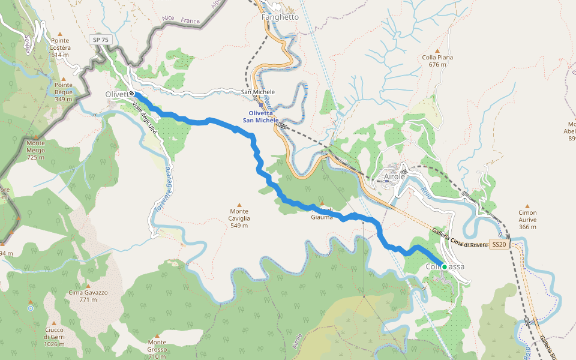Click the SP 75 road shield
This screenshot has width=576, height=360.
click(101, 40)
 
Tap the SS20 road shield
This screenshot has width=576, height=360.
click(499, 245)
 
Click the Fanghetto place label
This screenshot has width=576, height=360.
click(280, 17)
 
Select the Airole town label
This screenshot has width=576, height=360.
click(395, 177)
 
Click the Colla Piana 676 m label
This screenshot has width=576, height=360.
click(437, 61)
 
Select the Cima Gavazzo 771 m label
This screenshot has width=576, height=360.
click(88, 296)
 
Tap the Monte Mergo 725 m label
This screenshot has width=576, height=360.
click(35, 147)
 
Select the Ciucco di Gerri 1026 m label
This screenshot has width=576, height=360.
click(53, 336)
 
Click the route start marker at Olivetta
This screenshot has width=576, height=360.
click(131, 94)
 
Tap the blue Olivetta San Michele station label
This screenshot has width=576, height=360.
click(260, 116)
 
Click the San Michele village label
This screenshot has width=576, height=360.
click(257, 92)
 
